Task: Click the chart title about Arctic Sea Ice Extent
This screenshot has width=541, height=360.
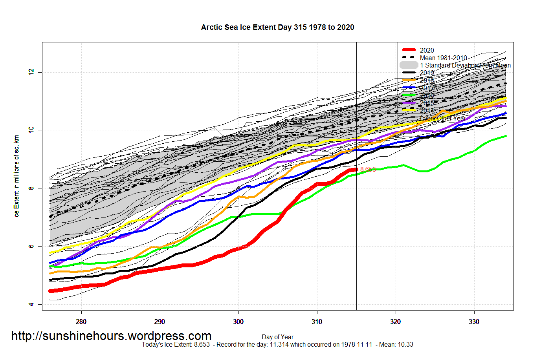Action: click(277, 27)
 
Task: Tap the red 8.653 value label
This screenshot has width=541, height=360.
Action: click(368, 170)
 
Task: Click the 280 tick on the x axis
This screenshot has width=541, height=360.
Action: click(81, 322)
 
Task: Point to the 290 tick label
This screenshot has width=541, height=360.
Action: click(160, 322)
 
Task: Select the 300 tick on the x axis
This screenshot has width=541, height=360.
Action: click(238, 322)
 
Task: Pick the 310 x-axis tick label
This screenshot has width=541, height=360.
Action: click(317, 322)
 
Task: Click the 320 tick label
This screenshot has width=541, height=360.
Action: click(396, 322)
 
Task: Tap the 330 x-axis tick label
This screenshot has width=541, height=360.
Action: click(474, 322)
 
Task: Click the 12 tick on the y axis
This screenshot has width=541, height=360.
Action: click(32, 72)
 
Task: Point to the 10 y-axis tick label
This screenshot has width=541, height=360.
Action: click(32, 130)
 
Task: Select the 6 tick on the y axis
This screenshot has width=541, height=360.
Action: click(32, 246)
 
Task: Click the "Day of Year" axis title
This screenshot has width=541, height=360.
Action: click(277, 337)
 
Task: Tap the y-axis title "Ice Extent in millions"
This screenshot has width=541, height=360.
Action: click(17, 176)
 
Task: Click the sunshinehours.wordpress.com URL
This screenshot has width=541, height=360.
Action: click(111, 336)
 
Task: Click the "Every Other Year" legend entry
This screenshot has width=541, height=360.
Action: click(443, 118)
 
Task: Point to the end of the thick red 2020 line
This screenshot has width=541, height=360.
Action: click(356, 170)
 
